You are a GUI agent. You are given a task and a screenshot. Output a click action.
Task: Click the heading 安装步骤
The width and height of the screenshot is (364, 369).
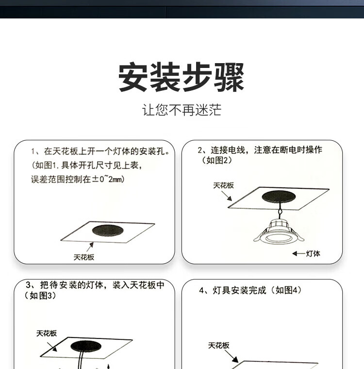(x=181, y=77)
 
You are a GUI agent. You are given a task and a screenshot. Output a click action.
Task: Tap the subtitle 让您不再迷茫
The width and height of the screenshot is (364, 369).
(x=182, y=110)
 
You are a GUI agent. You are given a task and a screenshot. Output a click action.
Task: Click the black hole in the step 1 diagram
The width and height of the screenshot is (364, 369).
(x=108, y=231)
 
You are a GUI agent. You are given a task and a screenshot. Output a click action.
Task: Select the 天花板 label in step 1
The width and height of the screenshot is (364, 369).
(x=84, y=257)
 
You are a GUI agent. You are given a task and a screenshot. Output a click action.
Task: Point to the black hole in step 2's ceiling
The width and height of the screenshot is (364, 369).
(x=279, y=197)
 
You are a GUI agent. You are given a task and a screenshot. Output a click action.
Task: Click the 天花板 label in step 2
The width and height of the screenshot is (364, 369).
(x=224, y=185)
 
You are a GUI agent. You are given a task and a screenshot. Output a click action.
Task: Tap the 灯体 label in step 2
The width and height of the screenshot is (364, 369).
(x=313, y=253)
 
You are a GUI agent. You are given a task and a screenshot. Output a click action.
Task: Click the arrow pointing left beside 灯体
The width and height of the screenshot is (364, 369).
(x=299, y=253)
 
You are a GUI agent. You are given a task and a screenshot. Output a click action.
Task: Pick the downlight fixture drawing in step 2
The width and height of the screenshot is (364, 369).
(x=279, y=232)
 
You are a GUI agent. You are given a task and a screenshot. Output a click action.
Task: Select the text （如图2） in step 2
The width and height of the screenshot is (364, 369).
(x=217, y=160)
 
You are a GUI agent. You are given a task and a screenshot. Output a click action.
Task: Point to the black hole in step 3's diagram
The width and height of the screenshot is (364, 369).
(x=86, y=346)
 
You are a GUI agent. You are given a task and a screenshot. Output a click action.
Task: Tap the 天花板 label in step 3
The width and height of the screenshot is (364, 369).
(x=47, y=333)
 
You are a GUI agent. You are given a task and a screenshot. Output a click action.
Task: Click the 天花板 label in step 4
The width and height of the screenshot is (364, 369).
(x=218, y=346)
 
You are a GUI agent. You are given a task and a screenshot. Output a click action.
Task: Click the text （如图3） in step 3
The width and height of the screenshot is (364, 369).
(x=40, y=296)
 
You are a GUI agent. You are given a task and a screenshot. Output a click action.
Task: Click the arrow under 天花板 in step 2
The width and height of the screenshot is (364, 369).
(x=227, y=196)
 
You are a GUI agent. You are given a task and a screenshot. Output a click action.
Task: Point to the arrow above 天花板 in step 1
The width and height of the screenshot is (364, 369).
(x=90, y=247)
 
